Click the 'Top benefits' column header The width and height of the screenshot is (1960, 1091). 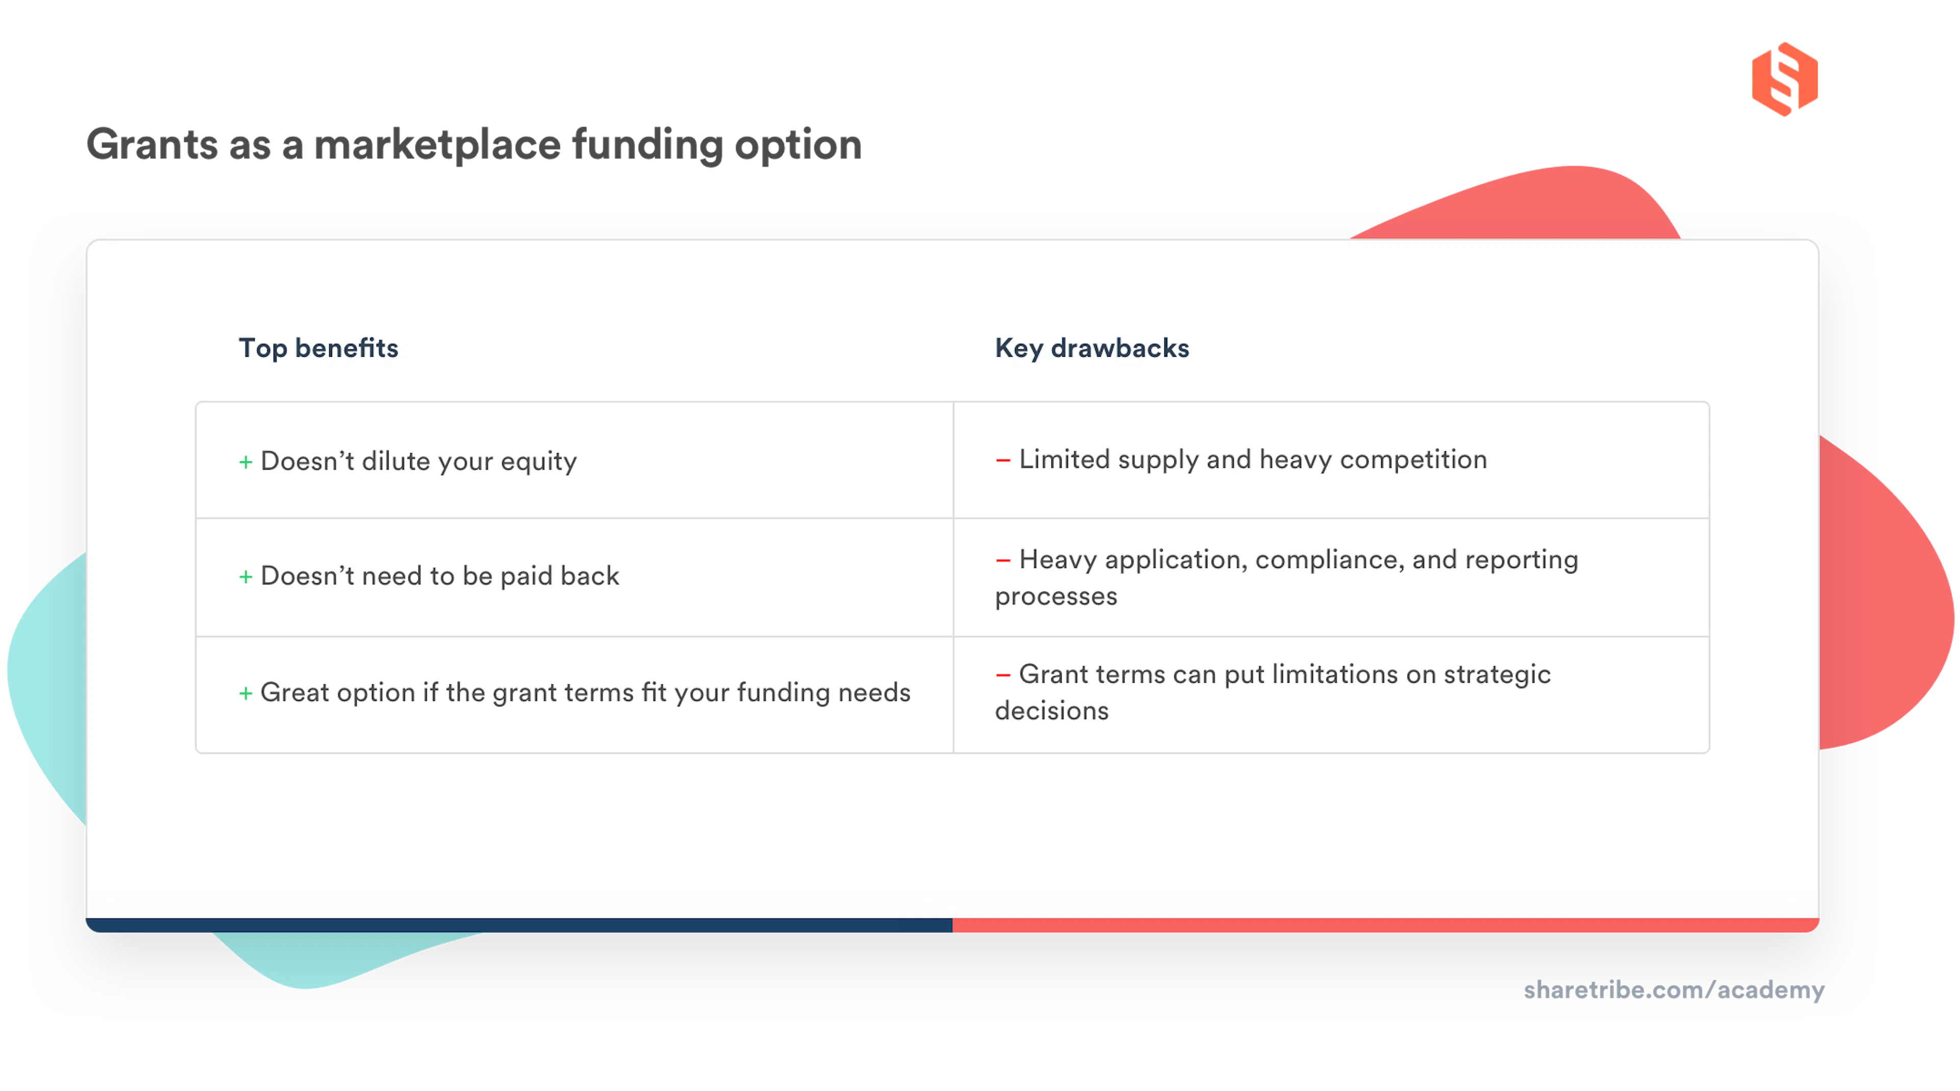click(x=318, y=349)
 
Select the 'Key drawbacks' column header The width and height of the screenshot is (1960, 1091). click(x=1092, y=349)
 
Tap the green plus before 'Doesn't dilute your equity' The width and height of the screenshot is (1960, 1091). click(x=246, y=462)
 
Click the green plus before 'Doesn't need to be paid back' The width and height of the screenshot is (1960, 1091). click(x=246, y=577)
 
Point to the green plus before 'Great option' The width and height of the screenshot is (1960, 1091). click(x=246, y=693)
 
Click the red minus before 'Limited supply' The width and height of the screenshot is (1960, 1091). click(x=1003, y=460)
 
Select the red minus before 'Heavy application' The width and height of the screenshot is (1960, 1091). click(x=1003, y=560)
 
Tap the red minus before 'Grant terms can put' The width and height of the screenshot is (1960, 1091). click(x=1003, y=675)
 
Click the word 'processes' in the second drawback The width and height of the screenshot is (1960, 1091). click(x=1056, y=597)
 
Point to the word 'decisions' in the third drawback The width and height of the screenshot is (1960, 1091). click(x=1051, y=711)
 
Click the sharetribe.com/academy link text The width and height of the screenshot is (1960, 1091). click(x=1674, y=990)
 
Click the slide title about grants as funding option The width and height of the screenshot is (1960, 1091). click(x=473, y=144)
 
